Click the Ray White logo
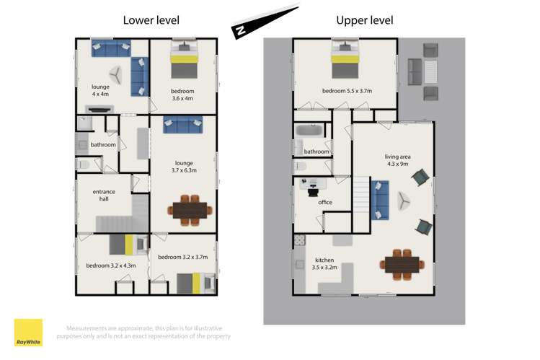[x=28, y=333]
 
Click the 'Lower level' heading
[x=151, y=20]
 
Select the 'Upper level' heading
[x=365, y=20]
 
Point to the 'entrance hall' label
[x=104, y=196]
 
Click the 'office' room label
[x=325, y=202]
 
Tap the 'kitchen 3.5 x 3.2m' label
[x=324, y=263]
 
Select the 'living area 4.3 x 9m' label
[x=398, y=160]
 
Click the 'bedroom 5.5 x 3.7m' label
[x=348, y=91]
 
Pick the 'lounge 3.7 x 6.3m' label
[x=184, y=167]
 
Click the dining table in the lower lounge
[x=190, y=211]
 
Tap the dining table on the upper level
[x=402, y=264]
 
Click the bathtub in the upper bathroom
[x=309, y=130]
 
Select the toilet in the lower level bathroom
[x=83, y=164]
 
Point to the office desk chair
[x=313, y=191]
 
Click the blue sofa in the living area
[x=380, y=200]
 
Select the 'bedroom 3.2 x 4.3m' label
[x=111, y=265]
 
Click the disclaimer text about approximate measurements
[x=143, y=332]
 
